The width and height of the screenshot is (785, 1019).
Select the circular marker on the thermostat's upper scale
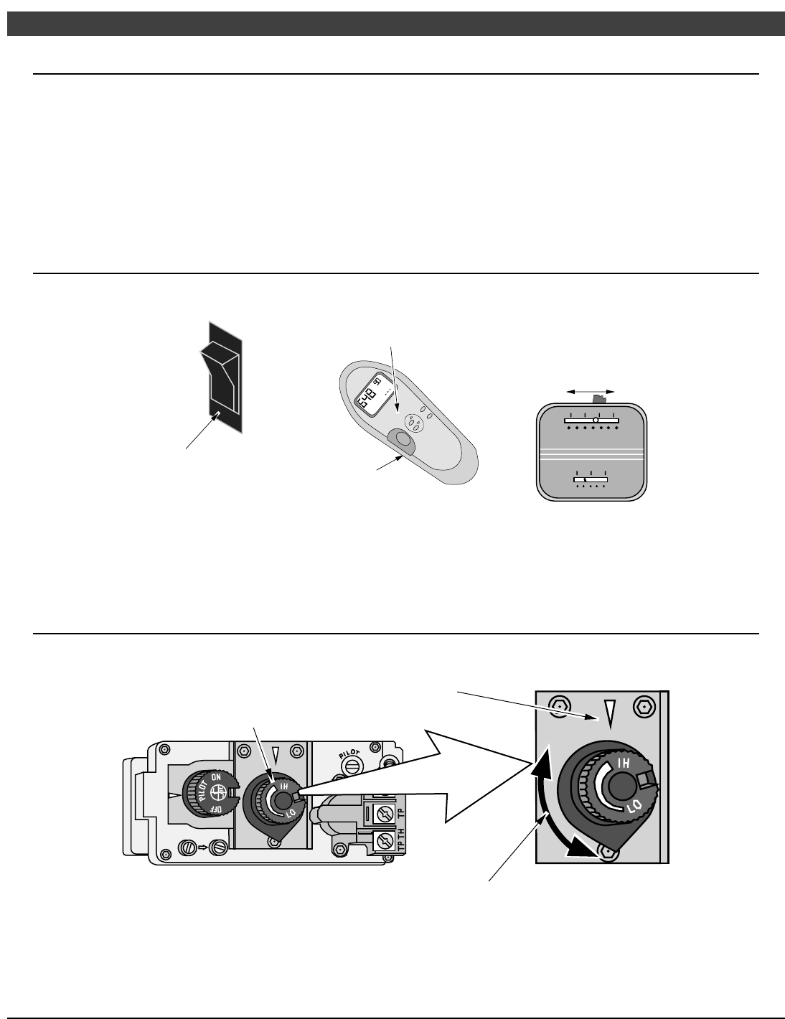(x=595, y=420)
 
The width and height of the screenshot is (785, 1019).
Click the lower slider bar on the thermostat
(x=591, y=479)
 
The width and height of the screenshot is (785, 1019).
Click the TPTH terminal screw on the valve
(x=383, y=837)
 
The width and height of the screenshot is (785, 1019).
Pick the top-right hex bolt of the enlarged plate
(x=644, y=706)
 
